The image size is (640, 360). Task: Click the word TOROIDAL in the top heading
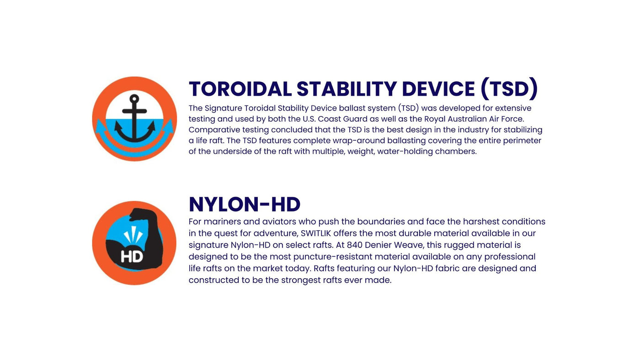click(x=240, y=89)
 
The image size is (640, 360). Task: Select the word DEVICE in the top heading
click(x=438, y=89)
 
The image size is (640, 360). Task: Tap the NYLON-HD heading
click(x=245, y=204)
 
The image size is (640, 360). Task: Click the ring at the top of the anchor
click(x=134, y=99)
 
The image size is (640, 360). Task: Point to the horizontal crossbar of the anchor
click(x=134, y=111)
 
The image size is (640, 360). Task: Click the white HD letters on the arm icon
click(x=132, y=257)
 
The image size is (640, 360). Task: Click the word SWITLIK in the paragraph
click(x=316, y=233)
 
